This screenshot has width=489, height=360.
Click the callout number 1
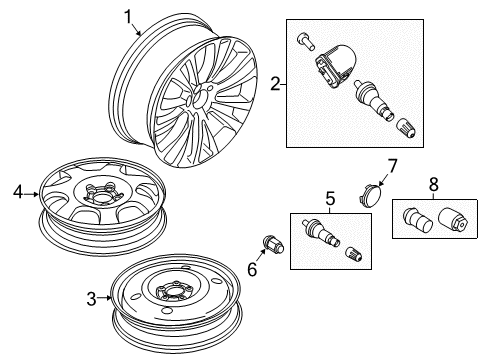click(x=128, y=17)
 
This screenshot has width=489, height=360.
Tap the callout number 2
click(x=275, y=84)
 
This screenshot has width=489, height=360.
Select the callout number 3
click(x=92, y=299)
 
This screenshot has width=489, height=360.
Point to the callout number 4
click(x=18, y=192)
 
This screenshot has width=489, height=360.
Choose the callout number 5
click(x=330, y=199)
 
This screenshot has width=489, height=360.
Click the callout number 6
click(x=252, y=269)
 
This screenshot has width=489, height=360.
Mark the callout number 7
click(x=392, y=166)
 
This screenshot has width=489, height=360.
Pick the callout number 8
click(x=433, y=184)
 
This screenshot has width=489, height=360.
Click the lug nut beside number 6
click(x=273, y=245)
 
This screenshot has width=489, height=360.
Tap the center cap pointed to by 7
click(x=372, y=196)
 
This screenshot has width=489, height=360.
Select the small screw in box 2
click(x=306, y=42)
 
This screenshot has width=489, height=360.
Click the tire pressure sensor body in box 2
click(x=335, y=66)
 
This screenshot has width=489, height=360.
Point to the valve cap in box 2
click(x=406, y=129)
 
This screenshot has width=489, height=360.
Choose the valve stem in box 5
click(x=320, y=233)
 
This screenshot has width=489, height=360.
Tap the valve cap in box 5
click(x=354, y=254)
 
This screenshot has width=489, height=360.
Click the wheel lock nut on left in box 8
click(x=418, y=220)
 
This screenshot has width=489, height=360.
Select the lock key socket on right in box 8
click(x=454, y=220)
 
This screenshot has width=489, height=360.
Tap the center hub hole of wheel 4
click(x=100, y=197)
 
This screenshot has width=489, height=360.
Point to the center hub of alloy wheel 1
click(x=199, y=97)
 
